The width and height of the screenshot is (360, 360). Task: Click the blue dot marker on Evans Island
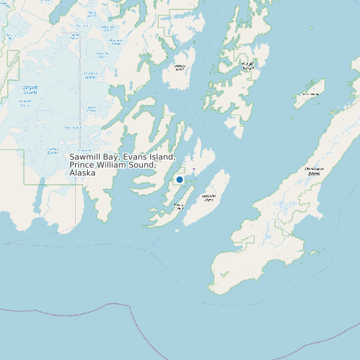tap(179, 179)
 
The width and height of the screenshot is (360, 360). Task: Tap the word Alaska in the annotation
tap(82, 173)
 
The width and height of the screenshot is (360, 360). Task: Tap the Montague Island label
tap(317, 171)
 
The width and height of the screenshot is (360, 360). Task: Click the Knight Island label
tap(248, 65)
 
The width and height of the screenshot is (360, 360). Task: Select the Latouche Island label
tap(209, 197)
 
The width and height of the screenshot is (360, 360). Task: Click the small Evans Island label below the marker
tap(179, 207)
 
